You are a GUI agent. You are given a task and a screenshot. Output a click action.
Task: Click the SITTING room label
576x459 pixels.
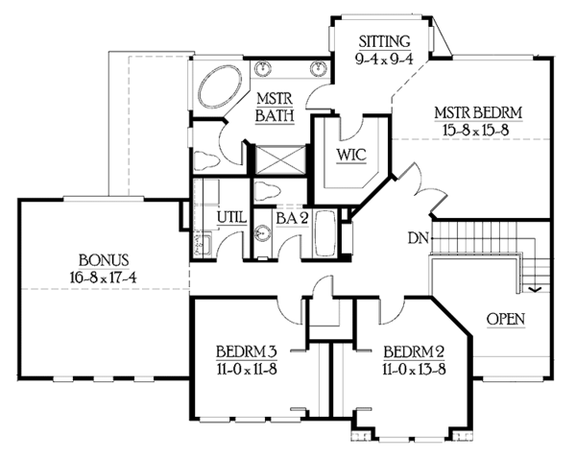pyautogui.click(x=384, y=41)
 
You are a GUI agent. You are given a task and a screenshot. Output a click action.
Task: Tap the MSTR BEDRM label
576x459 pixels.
pyautogui.click(x=478, y=112)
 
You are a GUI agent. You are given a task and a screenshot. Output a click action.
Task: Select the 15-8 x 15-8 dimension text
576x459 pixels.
pyautogui.click(x=476, y=130)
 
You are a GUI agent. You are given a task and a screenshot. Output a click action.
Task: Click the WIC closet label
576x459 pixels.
pyautogui.click(x=351, y=156)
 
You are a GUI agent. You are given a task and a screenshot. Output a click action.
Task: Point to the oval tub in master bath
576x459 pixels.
pyautogui.click(x=220, y=87)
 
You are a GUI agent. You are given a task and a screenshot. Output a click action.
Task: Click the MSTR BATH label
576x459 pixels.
pyautogui.click(x=275, y=107)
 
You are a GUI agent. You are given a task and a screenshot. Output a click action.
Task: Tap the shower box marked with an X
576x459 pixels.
pyautogui.click(x=280, y=159)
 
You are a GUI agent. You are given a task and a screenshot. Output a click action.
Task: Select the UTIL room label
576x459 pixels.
pyautogui.click(x=231, y=218)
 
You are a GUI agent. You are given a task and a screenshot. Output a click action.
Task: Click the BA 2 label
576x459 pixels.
pyautogui.click(x=292, y=219)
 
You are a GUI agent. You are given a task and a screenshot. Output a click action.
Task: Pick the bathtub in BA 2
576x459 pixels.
pyautogui.click(x=324, y=233)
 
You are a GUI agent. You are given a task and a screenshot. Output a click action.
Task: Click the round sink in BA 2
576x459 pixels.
pyautogui.click(x=263, y=233)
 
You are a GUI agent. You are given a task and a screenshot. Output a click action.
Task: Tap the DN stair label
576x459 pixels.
pyautogui.click(x=418, y=238)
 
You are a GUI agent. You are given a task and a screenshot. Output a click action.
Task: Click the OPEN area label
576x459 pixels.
pyautogui.click(x=506, y=319)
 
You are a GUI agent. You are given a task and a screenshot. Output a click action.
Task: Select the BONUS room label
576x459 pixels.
pyautogui.click(x=104, y=260)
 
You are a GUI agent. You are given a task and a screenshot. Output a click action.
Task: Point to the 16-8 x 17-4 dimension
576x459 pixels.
pyautogui.click(x=103, y=278)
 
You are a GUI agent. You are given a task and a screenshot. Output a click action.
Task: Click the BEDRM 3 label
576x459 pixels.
pyautogui.click(x=247, y=351)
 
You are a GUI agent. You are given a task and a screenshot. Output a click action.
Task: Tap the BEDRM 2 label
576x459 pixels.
pyautogui.click(x=414, y=351)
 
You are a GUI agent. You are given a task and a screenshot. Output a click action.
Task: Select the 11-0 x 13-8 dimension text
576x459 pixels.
pyautogui.click(x=414, y=369)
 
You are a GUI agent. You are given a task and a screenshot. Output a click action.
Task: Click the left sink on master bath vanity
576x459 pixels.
pyautogui.click(x=263, y=68)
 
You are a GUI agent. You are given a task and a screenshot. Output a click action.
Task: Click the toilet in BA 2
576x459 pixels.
pyautogui.click(x=268, y=190)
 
